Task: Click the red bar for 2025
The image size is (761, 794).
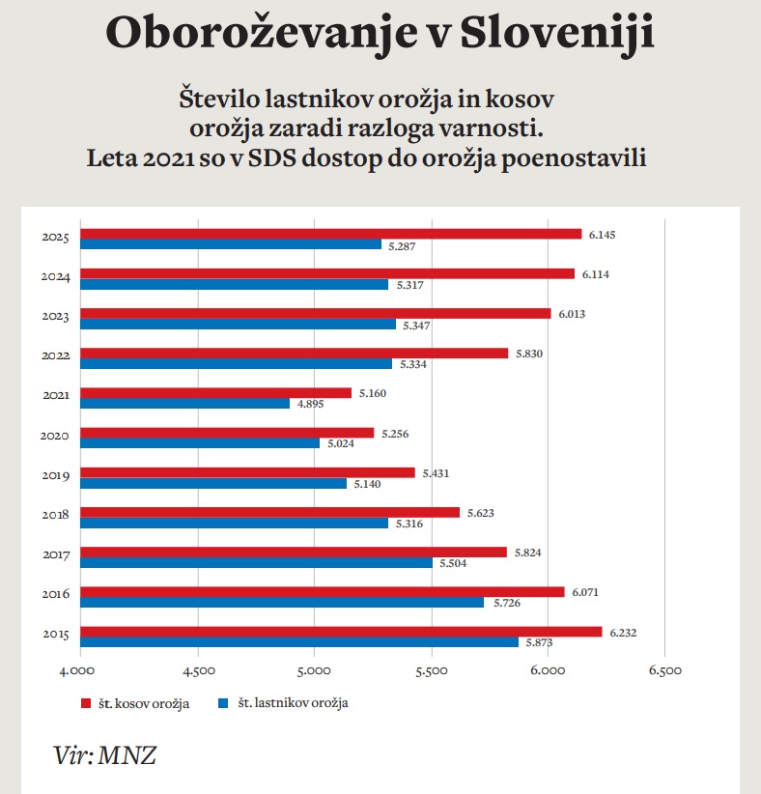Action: click(x=330, y=234)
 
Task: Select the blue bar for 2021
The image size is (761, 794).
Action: click(x=184, y=404)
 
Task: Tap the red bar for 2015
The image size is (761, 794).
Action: click(x=341, y=632)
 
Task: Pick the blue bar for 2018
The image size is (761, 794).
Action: click(x=234, y=524)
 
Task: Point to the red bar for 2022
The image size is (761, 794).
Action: click(x=294, y=354)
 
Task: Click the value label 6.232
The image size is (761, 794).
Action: click(x=622, y=633)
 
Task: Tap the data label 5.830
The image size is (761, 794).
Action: click(x=529, y=354)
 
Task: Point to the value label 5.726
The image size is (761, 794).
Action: click(x=504, y=603)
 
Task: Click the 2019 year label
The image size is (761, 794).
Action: click(x=54, y=475)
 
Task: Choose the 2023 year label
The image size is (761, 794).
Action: click(x=54, y=316)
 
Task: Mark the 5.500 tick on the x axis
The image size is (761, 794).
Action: click(x=431, y=668)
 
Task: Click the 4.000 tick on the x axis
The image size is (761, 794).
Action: click(x=79, y=668)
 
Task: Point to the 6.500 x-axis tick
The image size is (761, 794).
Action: click(x=664, y=668)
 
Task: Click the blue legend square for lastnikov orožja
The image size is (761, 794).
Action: click(x=223, y=703)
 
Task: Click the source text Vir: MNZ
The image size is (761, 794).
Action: click(x=104, y=755)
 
